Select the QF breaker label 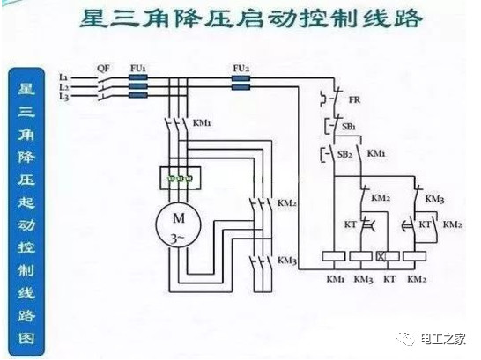coord(103,68)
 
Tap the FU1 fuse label coord(138,68)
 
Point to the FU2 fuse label coord(240,68)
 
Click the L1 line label coord(63,77)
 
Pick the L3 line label coord(63,97)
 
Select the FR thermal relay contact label coord(355,99)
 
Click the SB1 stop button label coord(349,126)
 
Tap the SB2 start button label coord(344,154)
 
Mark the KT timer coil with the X coord(388,256)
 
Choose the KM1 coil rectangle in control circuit coord(334,256)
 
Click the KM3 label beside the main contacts coord(287,261)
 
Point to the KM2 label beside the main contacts coord(287,202)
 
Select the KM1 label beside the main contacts coord(202,123)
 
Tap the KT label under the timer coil coord(389,279)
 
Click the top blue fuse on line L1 coord(138,77)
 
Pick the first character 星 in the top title coord(93,19)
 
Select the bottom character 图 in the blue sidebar coord(26,338)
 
